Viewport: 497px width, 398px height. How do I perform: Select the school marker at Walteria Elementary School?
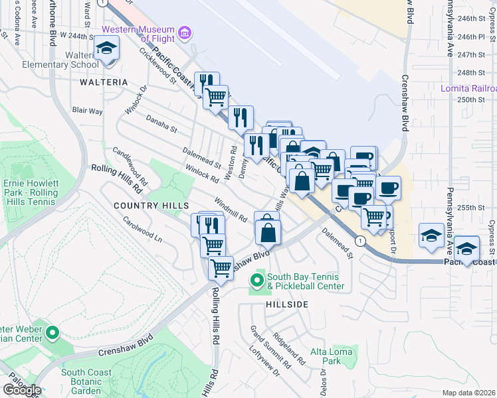[x=106, y=49]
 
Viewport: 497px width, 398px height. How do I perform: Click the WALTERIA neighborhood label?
[x=103, y=82]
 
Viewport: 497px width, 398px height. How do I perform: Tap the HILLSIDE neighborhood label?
[x=288, y=304]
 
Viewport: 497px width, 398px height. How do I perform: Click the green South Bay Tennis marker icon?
[x=257, y=280]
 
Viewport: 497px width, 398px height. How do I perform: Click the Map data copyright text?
[x=469, y=393]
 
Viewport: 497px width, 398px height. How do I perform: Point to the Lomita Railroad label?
[x=469, y=88]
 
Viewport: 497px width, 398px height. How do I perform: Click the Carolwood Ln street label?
[x=142, y=227]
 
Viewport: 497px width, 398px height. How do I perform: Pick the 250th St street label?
[x=470, y=99]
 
